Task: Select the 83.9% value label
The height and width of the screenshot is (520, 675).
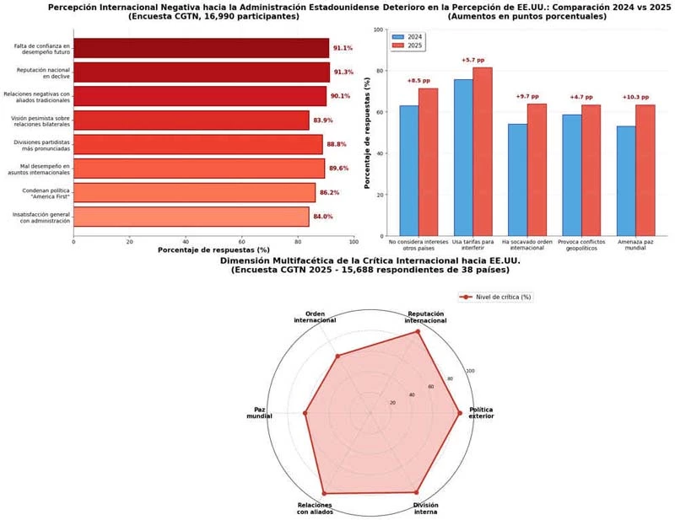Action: click(324, 121)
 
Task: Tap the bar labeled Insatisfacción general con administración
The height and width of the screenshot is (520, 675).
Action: click(191, 217)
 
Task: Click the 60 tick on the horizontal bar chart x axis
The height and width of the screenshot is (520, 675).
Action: click(242, 242)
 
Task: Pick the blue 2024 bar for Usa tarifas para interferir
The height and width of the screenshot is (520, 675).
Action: click(462, 157)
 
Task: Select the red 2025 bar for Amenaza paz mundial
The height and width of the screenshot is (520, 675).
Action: click(645, 169)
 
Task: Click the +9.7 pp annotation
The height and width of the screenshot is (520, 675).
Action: click(527, 97)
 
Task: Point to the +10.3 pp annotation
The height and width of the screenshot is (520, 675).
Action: click(636, 97)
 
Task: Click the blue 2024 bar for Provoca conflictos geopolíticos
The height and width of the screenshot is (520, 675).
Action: click(572, 174)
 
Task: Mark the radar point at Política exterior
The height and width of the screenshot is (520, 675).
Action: click(460, 413)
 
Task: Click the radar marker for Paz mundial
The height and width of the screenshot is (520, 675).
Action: click(305, 413)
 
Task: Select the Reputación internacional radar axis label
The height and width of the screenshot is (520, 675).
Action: click(425, 317)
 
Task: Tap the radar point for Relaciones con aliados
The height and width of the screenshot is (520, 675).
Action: click(324, 493)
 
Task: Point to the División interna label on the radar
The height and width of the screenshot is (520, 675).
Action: click(425, 508)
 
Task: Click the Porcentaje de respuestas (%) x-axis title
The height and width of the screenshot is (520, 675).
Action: click(213, 250)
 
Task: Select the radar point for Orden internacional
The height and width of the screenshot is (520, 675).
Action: click(337, 356)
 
